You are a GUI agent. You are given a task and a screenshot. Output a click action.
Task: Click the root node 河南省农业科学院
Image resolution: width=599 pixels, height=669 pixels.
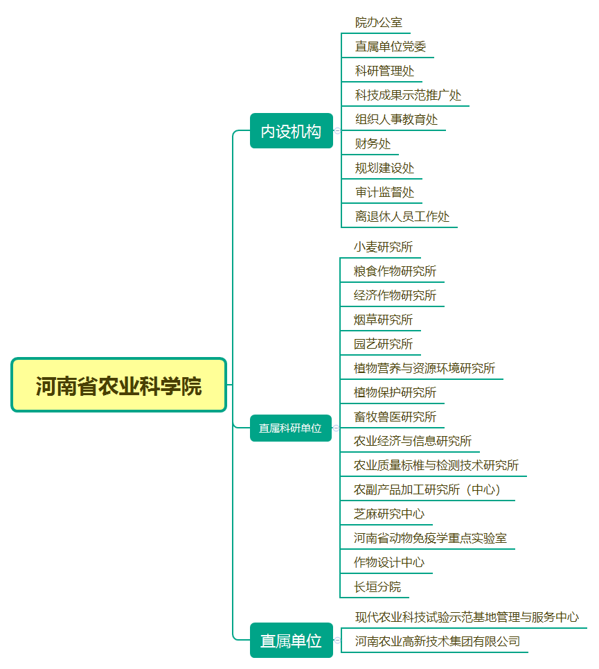click(118, 385)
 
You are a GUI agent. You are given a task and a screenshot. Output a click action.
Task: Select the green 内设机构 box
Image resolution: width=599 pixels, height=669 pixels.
click(292, 131)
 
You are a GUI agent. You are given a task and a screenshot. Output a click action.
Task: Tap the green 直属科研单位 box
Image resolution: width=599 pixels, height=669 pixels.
click(291, 428)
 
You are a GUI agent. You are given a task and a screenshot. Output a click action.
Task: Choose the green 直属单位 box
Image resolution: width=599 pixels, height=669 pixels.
click(292, 641)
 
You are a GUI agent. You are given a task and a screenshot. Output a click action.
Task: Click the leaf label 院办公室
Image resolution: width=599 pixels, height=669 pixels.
click(379, 23)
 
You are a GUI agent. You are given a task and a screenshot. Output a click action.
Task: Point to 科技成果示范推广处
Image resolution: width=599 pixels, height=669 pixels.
click(408, 95)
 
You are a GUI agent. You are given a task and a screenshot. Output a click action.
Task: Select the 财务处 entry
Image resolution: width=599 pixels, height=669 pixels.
click(373, 144)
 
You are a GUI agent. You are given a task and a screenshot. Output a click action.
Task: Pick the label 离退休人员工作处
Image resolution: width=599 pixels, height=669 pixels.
click(402, 217)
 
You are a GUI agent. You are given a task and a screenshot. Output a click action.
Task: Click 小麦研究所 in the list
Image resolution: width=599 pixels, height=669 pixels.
click(383, 247)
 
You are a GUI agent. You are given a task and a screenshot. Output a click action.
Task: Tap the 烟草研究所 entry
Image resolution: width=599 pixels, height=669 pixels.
click(383, 320)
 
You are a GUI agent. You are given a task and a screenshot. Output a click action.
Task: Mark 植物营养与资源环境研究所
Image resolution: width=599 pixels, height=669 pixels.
click(424, 368)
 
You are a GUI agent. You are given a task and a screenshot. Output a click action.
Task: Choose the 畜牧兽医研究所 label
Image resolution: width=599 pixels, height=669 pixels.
click(395, 417)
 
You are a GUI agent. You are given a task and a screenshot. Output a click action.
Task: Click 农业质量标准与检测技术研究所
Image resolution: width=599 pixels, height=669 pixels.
click(436, 465)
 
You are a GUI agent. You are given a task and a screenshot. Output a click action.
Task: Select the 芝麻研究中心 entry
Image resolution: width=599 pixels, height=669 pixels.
click(389, 514)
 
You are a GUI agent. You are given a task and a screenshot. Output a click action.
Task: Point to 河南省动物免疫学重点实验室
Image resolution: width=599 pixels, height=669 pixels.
click(430, 539)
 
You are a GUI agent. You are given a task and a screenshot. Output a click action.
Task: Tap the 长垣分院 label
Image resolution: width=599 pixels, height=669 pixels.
click(377, 587)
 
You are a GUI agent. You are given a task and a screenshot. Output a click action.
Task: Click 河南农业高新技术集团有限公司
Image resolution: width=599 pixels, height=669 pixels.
click(438, 641)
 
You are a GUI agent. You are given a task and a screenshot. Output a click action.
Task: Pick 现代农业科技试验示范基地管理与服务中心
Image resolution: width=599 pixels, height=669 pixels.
click(467, 617)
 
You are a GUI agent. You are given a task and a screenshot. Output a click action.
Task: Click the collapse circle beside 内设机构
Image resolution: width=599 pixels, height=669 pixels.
click(337, 130)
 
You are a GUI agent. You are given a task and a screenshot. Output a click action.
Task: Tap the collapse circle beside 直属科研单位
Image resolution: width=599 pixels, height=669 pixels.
click(336, 428)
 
